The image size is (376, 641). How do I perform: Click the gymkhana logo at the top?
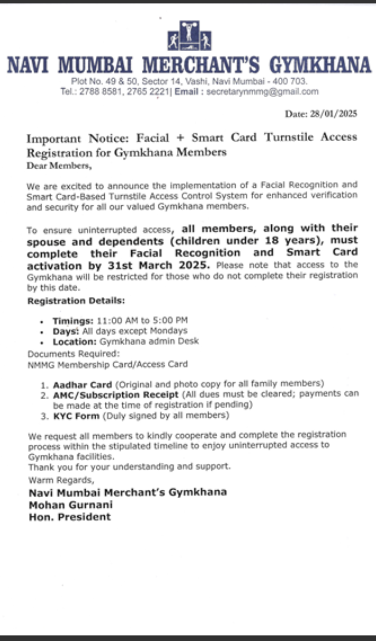tap(189, 37)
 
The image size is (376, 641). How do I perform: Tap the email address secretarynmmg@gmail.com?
tap(262, 92)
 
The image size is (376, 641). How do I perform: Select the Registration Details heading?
tap(76, 301)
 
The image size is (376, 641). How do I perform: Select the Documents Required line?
tap(73, 354)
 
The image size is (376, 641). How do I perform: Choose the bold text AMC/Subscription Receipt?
tap(115, 394)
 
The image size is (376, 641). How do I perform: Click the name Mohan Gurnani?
tap(70, 504)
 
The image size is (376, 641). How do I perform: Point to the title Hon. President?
tap(70, 516)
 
